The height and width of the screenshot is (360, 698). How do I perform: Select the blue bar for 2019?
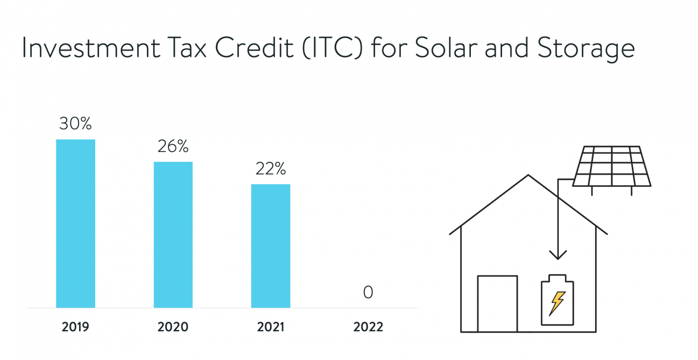[76, 223]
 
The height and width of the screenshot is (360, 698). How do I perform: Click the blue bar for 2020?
[173, 234]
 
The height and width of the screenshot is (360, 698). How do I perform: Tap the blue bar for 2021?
[271, 245]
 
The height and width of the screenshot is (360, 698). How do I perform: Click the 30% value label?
[75, 124]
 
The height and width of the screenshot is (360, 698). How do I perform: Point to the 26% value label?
[173, 146]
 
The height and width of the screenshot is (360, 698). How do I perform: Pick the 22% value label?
[271, 169]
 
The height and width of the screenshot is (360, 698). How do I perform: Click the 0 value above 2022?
[368, 292]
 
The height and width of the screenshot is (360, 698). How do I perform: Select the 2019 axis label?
[75, 327]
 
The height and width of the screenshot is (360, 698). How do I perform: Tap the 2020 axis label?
[173, 327]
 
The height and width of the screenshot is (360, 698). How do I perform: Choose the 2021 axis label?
[271, 327]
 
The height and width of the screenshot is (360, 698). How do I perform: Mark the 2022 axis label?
[368, 327]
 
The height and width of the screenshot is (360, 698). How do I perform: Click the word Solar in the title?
[440, 48]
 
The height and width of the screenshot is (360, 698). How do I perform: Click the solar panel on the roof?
[612, 166]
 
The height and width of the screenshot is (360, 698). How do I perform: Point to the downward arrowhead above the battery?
[558, 255]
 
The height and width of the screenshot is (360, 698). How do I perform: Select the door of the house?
[498, 303]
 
